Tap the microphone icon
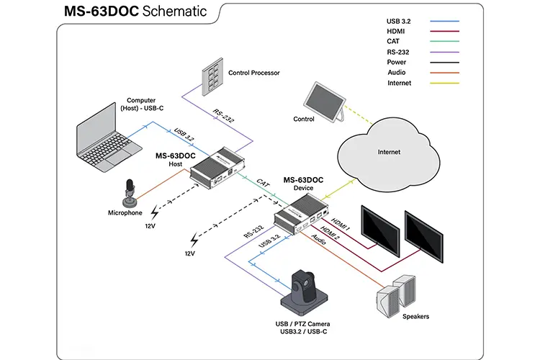130,193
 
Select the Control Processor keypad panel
212,76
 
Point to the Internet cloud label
389,152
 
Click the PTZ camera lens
306,283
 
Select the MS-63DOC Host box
217,168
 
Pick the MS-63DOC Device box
301,214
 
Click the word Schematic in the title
174,11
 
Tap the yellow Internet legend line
444,83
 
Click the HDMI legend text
396,32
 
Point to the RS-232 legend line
444,53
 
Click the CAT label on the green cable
263,183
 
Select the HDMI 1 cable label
341,224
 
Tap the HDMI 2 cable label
330,233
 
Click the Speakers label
415,316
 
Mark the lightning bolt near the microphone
155,212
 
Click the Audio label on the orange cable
318,239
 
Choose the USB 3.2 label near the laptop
184,135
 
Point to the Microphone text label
125,213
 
